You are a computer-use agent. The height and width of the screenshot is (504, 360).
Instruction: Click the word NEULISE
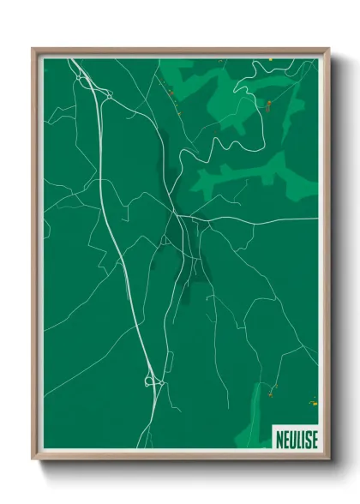point(296,438)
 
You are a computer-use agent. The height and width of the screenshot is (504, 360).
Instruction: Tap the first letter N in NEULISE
point(280,438)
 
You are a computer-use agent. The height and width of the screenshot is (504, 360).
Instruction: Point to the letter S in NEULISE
point(307,438)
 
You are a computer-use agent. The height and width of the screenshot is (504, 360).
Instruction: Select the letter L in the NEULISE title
point(297,438)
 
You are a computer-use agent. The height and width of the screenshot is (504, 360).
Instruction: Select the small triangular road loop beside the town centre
point(165,240)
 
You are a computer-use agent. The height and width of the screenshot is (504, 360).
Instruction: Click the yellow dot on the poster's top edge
point(272,58)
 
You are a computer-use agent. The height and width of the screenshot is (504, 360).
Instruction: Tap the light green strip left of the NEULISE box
point(261,420)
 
